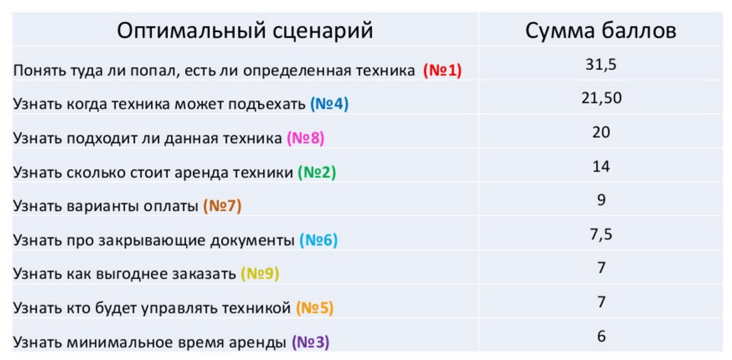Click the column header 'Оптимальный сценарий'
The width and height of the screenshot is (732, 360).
tap(244, 30)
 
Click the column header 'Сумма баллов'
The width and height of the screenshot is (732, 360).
tap(601, 30)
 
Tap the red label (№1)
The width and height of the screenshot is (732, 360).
tap(442, 70)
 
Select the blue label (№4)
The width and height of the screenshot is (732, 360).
tap(329, 104)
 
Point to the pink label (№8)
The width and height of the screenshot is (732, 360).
tap(305, 138)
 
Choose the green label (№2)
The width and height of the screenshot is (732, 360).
tap(317, 172)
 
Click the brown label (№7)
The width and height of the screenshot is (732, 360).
tap(222, 206)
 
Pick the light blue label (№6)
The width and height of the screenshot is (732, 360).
tap(318, 240)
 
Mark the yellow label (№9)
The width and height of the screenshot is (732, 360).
tap(260, 274)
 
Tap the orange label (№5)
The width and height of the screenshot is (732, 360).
tap(314, 308)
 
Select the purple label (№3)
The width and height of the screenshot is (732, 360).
tap(310, 342)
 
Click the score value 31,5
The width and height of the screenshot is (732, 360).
tap(601, 64)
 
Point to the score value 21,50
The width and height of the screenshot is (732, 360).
tap(601, 98)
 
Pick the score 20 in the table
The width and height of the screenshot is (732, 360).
tap(601, 132)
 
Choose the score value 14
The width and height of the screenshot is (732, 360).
tap(601, 166)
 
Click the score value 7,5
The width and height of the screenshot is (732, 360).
tap(601, 234)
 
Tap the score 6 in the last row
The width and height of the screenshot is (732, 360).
tap(601, 336)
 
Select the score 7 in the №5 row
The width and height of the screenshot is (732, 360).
tap(601, 302)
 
